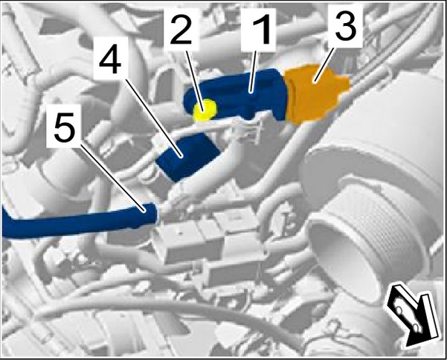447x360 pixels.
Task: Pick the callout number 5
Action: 65,126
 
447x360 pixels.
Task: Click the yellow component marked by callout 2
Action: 205,109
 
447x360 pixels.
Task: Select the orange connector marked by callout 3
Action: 316,94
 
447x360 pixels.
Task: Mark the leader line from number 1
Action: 253,71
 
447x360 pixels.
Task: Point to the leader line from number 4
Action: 153,118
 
